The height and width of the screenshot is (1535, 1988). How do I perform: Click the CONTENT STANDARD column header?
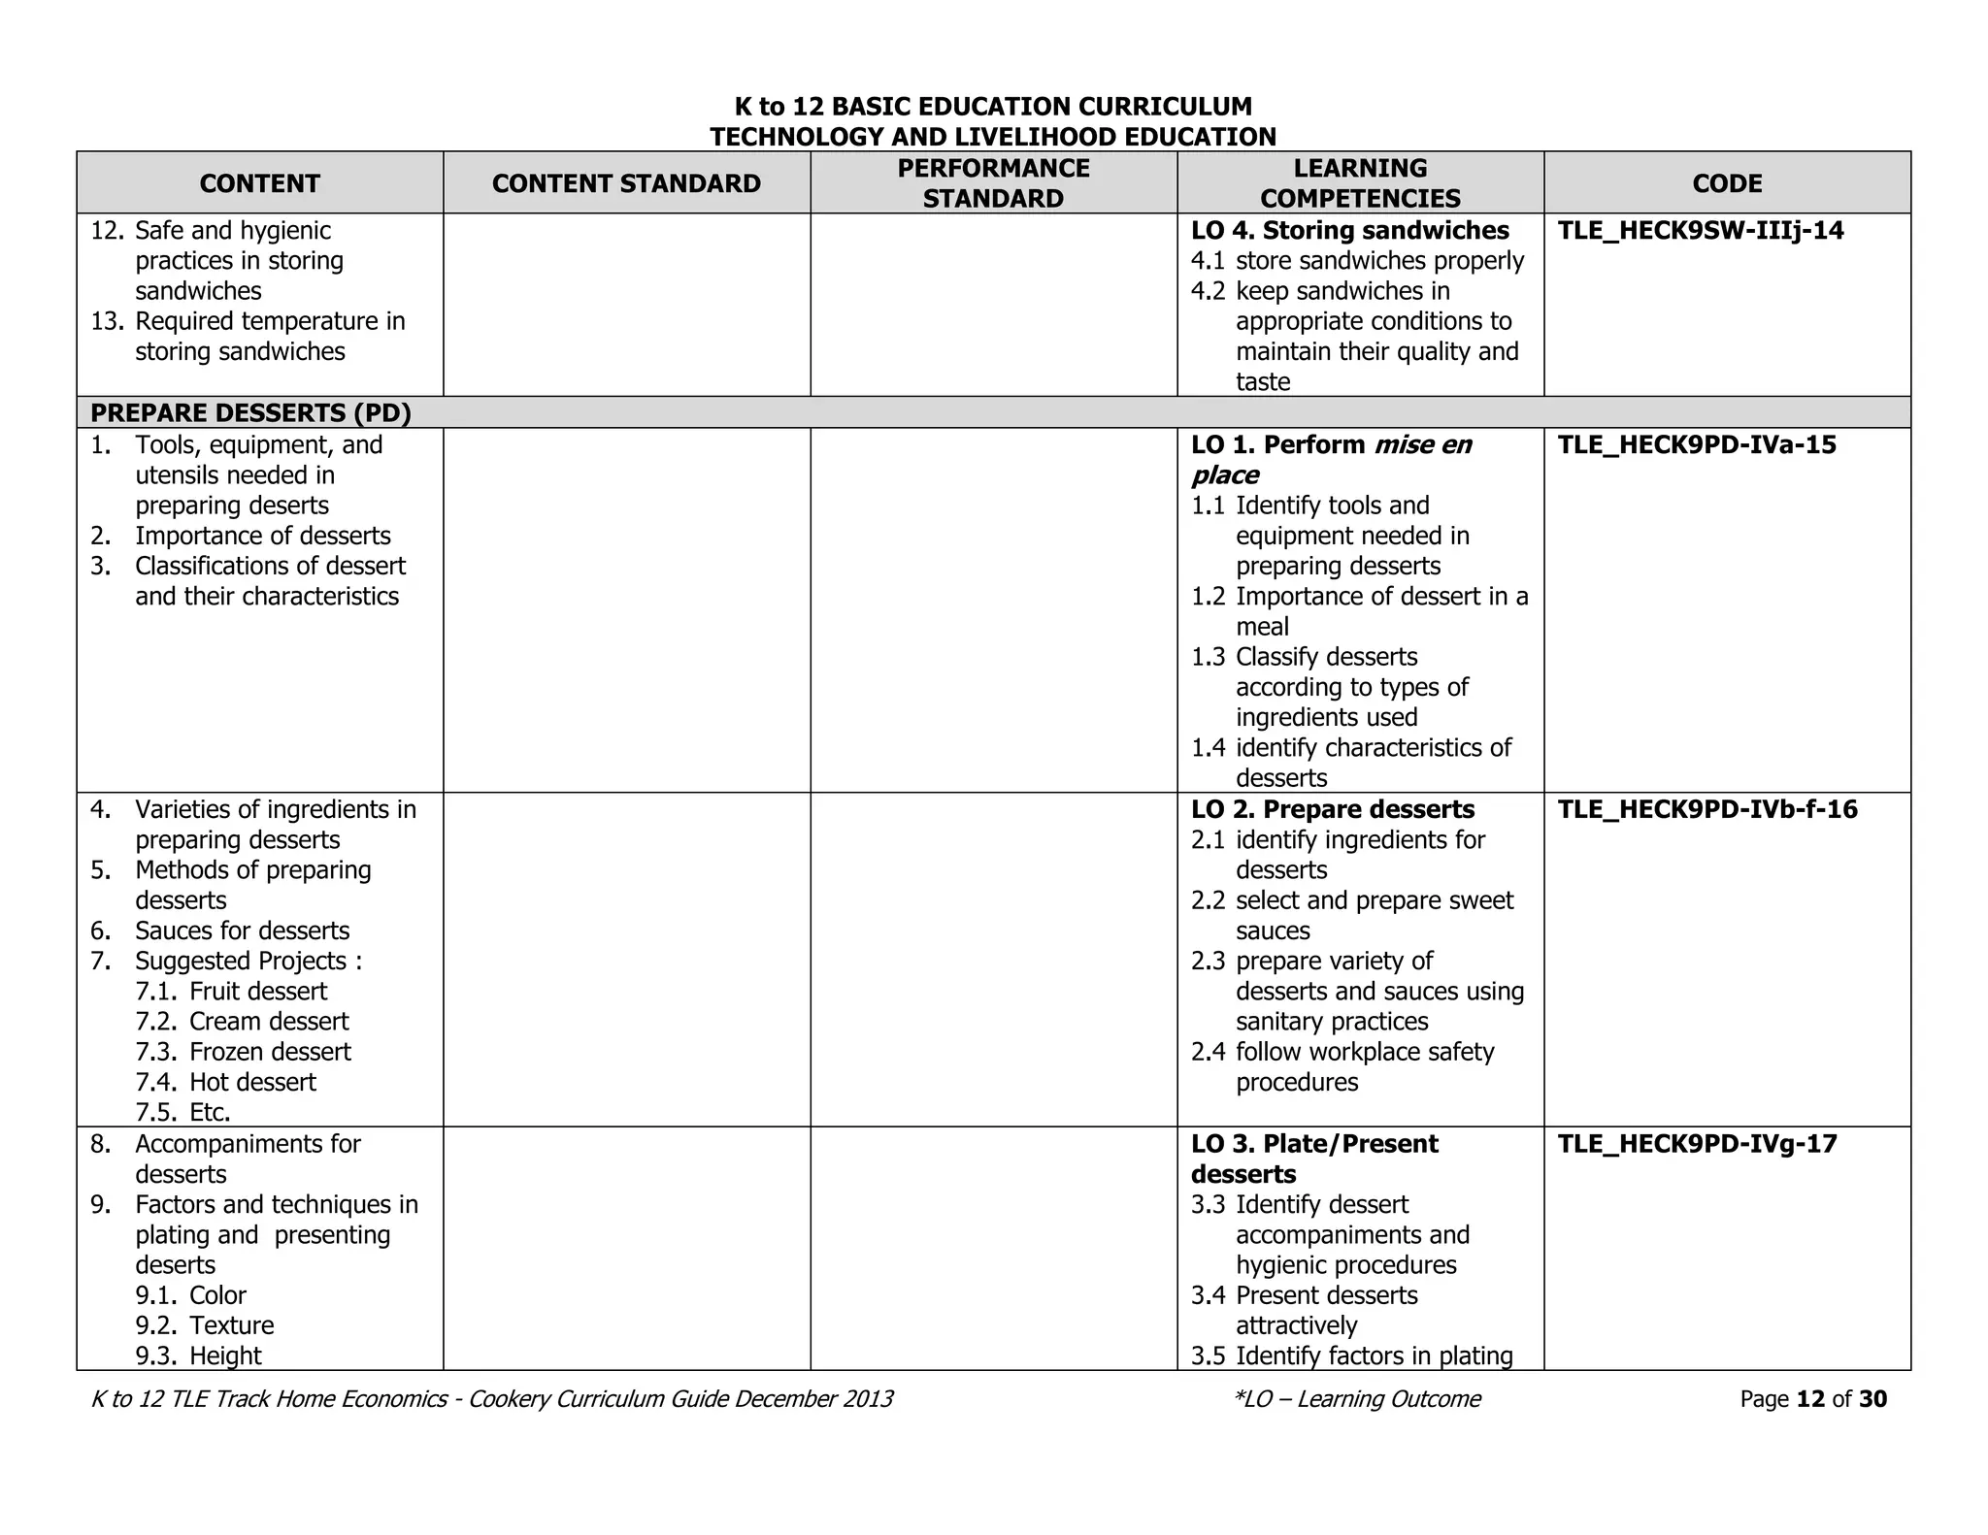[x=626, y=183]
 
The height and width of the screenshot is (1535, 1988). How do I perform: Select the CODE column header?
[x=1727, y=183]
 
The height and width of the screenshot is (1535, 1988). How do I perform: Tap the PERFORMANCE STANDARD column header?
[x=993, y=183]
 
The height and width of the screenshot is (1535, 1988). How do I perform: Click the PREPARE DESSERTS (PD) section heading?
[x=250, y=413]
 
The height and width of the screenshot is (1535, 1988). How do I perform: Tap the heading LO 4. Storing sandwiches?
[x=1349, y=231]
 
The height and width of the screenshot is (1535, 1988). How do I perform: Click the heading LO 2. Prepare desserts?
[x=1332, y=810]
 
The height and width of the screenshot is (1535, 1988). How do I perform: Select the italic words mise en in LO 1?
[x=1422, y=445]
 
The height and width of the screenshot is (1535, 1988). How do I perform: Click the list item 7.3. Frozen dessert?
[x=243, y=1052]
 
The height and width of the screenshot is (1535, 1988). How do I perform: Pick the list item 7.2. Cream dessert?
[x=242, y=1022]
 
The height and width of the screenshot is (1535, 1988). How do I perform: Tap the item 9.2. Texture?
[x=205, y=1325]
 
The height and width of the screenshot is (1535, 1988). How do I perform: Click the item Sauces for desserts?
[x=242, y=931]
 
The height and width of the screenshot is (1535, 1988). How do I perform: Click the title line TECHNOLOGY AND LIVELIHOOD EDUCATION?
[x=993, y=137]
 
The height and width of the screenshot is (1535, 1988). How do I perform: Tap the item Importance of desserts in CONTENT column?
[x=262, y=537]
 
